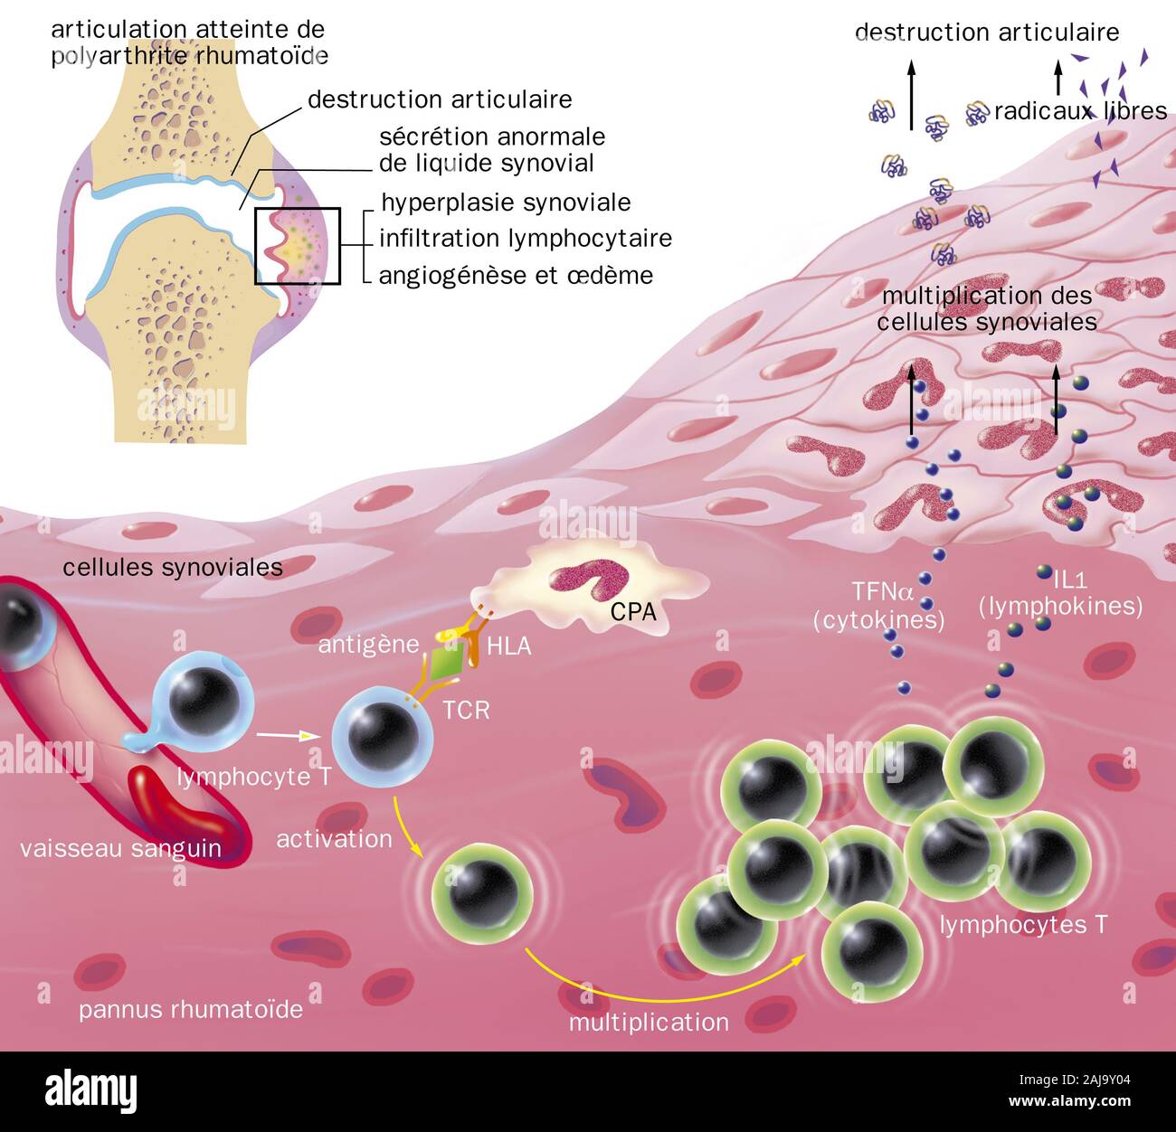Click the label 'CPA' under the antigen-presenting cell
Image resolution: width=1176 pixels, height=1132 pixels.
(x=632, y=613)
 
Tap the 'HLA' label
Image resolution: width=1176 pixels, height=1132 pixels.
(x=508, y=646)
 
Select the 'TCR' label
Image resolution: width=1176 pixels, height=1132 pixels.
(x=466, y=710)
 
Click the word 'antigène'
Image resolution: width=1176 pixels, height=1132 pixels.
(x=368, y=645)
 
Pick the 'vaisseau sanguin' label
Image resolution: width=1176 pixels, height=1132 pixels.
(x=120, y=848)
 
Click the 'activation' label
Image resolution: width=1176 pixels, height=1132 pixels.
(x=334, y=839)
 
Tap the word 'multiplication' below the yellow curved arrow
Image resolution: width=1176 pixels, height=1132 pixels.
(x=648, y=1023)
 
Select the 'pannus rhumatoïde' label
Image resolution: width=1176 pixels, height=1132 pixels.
(x=190, y=1009)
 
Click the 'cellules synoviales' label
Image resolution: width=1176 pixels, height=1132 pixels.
(x=173, y=568)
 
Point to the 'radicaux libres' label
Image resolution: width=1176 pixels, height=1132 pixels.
(x=1080, y=111)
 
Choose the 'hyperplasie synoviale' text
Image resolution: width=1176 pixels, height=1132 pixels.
(x=506, y=203)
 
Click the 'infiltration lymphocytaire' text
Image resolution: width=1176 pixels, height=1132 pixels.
(x=525, y=239)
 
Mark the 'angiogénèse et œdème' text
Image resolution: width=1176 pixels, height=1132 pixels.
(x=516, y=275)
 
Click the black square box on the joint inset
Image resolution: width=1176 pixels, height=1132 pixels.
(x=297, y=247)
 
